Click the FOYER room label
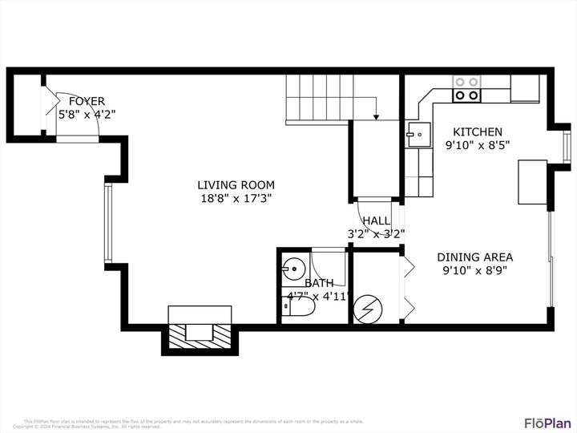(x=87, y=101)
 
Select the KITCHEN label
(x=478, y=132)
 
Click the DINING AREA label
(x=474, y=257)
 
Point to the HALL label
(x=376, y=221)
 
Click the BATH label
(x=319, y=283)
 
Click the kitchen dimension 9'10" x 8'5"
(x=478, y=146)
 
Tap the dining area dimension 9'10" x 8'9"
(x=474, y=271)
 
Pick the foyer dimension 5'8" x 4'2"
(x=87, y=115)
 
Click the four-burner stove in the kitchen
(x=466, y=89)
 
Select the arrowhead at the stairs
(x=376, y=118)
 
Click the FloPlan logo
(x=547, y=423)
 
